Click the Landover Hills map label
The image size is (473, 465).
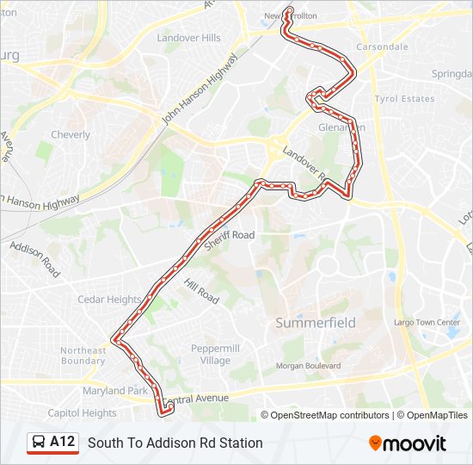click(x=189, y=38)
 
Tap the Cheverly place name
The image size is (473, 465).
click(x=71, y=135)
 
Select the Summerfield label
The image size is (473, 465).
click(x=316, y=323)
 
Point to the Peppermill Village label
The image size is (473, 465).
click(x=210, y=354)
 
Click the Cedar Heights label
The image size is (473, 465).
click(x=109, y=300)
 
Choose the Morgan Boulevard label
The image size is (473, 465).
click(x=308, y=366)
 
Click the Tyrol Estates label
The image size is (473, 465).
click(x=405, y=99)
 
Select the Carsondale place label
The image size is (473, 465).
click(x=382, y=46)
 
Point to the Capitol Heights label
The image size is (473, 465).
click(x=82, y=412)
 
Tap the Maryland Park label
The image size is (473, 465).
click(x=103, y=392)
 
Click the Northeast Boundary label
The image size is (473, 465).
click(x=83, y=356)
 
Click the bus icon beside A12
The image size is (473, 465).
click(x=40, y=443)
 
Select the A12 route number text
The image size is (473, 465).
click(x=63, y=443)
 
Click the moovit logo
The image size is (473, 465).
click(x=408, y=443)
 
